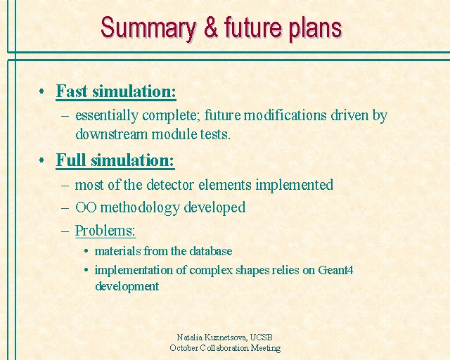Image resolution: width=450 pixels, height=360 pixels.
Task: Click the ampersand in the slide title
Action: pyautogui.click(x=211, y=27)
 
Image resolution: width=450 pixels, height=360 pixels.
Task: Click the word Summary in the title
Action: pyautogui.click(x=148, y=29)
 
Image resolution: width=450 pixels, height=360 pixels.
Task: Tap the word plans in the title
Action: pyautogui.click(x=315, y=30)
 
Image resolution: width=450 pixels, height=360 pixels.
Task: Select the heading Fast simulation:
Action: pyautogui.click(x=116, y=91)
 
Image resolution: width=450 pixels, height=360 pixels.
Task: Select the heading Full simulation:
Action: pyautogui.click(x=115, y=160)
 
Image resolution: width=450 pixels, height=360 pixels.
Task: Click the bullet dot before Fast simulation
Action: pyautogui.click(x=41, y=91)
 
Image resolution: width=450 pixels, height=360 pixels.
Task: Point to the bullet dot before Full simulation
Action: pyautogui.click(x=41, y=160)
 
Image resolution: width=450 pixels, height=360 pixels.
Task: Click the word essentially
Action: pyautogui.click(x=106, y=116)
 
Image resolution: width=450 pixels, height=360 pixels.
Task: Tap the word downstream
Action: pyautogui.click(x=111, y=134)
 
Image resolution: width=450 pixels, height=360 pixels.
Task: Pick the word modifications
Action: pyautogui.click(x=285, y=115)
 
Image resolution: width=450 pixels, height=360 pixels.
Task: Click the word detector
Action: pyautogui.click(x=170, y=185)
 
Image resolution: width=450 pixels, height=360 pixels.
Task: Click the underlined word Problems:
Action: pyautogui.click(x=105, y=230)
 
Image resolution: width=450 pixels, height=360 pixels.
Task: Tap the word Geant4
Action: pyautogui.click(x=336, y=270)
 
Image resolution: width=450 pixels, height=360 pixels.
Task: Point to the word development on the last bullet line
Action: pyautogui.click(x=127, y=286)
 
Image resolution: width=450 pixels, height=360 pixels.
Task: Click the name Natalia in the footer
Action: pyautogui.click(x=186, y=337)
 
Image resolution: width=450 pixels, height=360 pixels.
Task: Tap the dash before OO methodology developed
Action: pyautogui.click(x=65, y=208)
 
